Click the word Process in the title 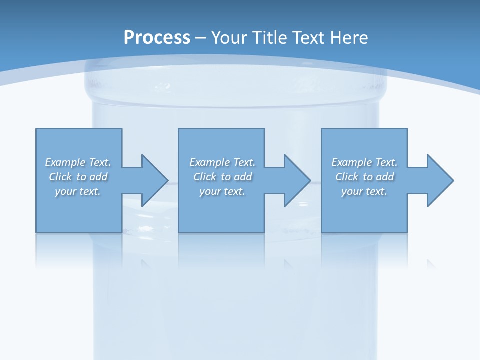pyautogui.click(x=157, y=38)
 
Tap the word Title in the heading pyautogui.click(x=269, y=38)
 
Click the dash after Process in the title pyautogui.click(x=201, y=38)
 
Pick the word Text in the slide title pyautogui.click(x=307, y=38)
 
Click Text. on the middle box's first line pyautogui.click(x=244, y=162)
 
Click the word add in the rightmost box pyautogui.click(x=385, y=177)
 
